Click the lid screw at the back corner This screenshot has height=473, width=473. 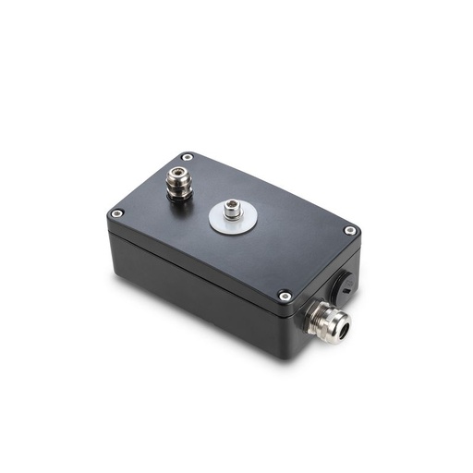[x=188, y=157]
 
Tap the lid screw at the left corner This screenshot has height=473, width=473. [x=116, y=213]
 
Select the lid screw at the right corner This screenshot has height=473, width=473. [x=350, y=230]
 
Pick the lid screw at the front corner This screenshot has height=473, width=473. [x=285, y=296]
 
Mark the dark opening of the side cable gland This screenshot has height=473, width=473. [x=342, y=325]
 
